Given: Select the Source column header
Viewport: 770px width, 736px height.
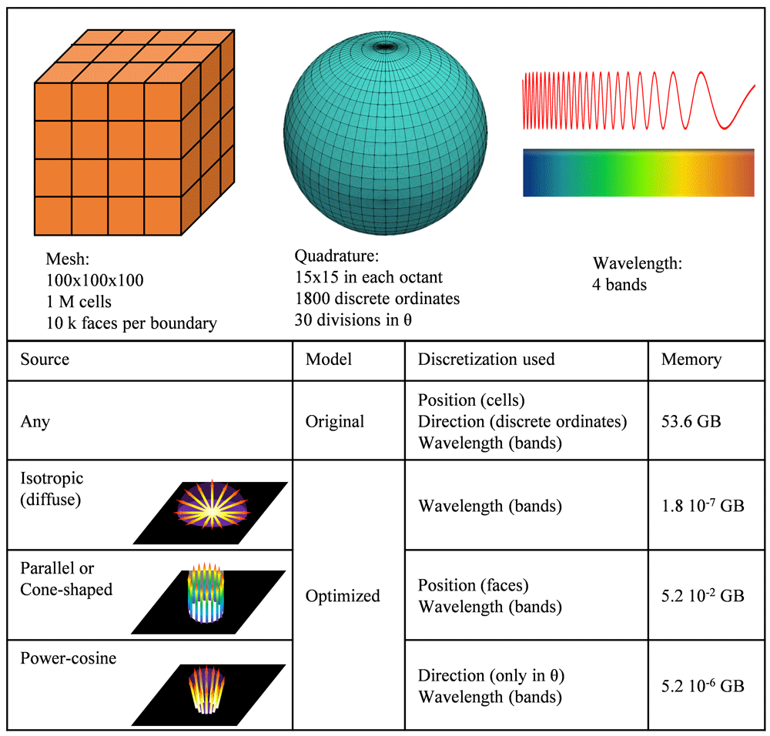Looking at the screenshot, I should coord(45,360).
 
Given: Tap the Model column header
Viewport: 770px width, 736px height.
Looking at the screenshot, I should coord(328,360).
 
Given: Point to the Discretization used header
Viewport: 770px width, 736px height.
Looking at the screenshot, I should coord(486,360).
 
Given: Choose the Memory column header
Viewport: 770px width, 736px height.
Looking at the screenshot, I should coord(691,360).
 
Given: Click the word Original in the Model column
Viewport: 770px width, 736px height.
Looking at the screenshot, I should coord(335,422).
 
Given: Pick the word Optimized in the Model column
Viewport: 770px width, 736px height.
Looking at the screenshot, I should coord(343,596).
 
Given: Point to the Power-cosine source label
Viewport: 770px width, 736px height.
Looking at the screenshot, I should coord(69,659).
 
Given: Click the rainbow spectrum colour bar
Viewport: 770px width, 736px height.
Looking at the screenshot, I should coord(638,173).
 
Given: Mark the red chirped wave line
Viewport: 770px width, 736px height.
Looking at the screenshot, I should coord(638,100).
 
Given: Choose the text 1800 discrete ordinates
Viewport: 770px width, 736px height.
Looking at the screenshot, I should coord(377,299).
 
